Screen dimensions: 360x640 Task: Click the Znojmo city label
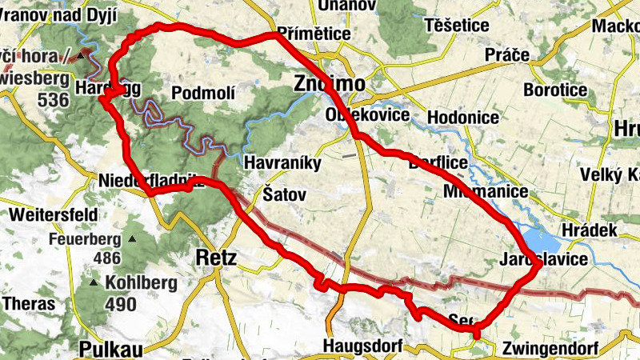point(329,84)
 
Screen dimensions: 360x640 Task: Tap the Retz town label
point(216,257)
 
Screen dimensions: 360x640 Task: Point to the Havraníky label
point(282,163)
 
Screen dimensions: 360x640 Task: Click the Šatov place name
point(284,194)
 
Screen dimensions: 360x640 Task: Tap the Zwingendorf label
point(550,349)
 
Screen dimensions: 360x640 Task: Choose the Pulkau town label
point(110,348)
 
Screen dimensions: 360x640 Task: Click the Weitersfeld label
point(54,214)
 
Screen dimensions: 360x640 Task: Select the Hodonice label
point(464,117)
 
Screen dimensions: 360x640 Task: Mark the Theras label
point(30,304)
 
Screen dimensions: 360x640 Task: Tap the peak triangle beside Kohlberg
point(95,283)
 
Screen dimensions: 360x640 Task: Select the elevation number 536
point(53,100)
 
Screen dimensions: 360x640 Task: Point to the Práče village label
point(507,55)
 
